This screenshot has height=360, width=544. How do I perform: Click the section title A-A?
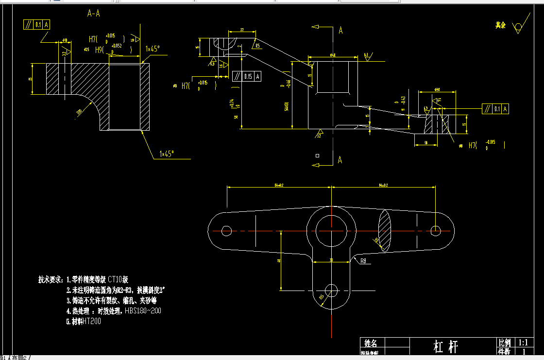coord(94,14)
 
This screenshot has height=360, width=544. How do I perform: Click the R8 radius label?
coord(364,261)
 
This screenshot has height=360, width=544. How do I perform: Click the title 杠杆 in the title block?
coord(445,346)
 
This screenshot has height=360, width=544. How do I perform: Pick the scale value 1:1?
coord(523,343)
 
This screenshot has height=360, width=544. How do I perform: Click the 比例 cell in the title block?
coord(504,343)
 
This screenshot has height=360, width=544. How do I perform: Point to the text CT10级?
coord(118,279)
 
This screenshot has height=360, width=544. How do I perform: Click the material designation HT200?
coord(92,321)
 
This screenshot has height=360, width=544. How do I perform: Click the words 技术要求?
coord(50,279)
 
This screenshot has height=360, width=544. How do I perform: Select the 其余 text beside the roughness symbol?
coord(500,25)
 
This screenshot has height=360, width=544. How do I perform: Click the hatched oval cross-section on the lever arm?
coord(384,231)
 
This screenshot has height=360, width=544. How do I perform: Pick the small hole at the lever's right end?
coord(436,230)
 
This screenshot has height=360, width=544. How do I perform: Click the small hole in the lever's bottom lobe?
coord(332,291)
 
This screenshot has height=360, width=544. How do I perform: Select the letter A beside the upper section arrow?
coord(340,31)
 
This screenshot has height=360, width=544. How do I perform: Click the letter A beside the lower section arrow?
coord(340,160)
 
